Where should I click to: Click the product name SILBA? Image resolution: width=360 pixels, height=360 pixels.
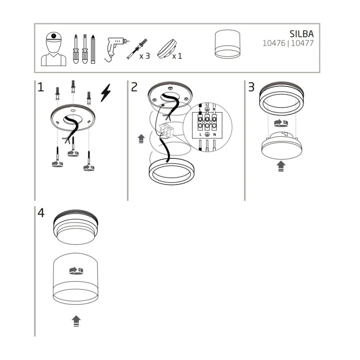tap(301, 34)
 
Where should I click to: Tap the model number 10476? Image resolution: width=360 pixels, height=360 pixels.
tap(274, 43)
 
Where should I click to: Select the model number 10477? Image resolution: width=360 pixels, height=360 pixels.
tap(302, 43)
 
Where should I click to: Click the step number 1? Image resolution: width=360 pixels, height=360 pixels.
tap(41, 87)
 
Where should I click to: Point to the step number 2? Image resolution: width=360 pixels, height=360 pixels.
tap(134, 87)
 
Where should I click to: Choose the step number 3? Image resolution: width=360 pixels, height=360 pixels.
tap(251, 87)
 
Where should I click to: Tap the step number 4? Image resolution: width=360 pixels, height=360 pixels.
tap(41, 213)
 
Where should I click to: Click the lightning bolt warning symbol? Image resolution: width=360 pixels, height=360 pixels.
tap(106, 93)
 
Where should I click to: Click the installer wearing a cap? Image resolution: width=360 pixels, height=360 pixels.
tap(54, 49)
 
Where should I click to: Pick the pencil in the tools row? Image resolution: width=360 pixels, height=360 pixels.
tap(93, 49)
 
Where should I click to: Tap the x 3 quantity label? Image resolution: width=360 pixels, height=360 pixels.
tap(144, 56)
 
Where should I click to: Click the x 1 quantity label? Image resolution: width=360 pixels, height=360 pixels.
tap(177, 56)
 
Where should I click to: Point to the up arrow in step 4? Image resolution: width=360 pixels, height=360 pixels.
tap(76, 321)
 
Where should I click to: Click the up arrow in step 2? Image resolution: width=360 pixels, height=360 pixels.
tap(141, 139)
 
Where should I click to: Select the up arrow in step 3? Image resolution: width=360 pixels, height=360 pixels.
tap(281, 166)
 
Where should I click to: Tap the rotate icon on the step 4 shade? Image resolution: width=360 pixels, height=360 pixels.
tap(76, 271)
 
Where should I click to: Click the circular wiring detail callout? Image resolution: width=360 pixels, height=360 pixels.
tap(208, 127)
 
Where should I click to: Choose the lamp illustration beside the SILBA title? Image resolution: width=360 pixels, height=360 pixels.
tap(228, 44)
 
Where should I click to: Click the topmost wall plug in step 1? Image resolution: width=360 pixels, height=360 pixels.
tap(73, 86)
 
